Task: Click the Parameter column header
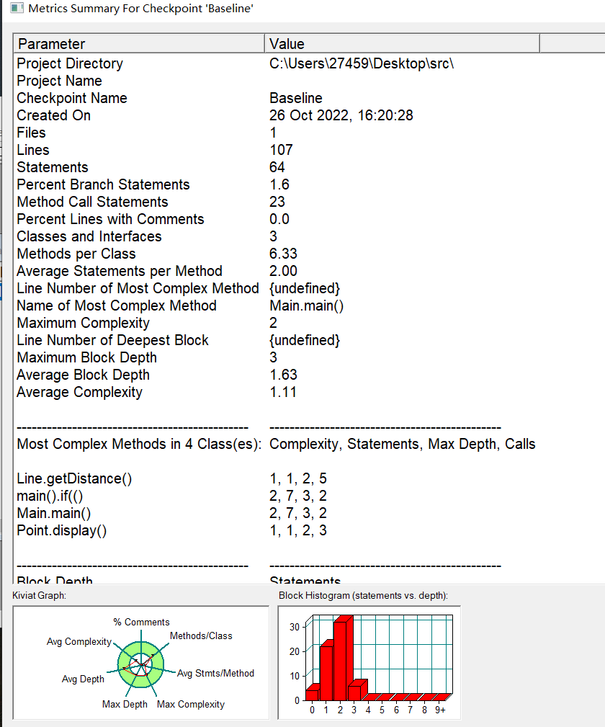coord(51,45)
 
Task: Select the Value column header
coord(287,45)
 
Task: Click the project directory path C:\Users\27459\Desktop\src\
coord(362,63)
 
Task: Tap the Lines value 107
coord(281,150)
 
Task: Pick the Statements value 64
coord(277,167)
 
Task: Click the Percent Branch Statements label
coord(103,184)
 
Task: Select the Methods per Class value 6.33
coord(283,254)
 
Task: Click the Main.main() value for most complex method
coord(306,305)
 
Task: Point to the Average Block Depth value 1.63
coord(283,375)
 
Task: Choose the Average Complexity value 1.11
coord(282,392)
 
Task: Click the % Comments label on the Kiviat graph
coord(142,622)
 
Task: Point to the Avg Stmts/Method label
coord(216,673)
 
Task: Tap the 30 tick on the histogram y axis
coord(294,627)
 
